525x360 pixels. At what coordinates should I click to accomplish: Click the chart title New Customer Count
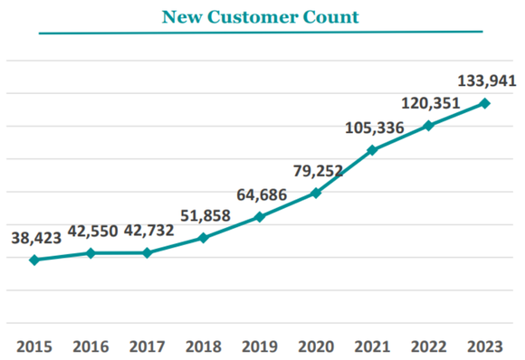(x=260, y=16)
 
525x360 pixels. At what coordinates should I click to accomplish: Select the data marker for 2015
(x=34, y=261)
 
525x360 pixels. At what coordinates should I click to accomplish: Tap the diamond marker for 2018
(x=204, y=238)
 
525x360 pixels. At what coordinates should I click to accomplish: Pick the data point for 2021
(x=372, y=149)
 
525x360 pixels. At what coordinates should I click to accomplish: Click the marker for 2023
(x=485, y=103)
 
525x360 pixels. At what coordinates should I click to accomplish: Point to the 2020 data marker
(x=316, y=193)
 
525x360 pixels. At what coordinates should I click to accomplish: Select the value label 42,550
(x=91, y=230)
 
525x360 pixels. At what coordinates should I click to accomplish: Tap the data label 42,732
(x=148, y=230)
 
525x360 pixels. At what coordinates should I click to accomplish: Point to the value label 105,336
(x=374, y=128)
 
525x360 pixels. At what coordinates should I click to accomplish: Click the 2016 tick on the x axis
(x=91, y=347)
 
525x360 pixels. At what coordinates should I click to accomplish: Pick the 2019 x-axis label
(x=260, y=347)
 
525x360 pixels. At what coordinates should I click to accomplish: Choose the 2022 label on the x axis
(x=428, y=347)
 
